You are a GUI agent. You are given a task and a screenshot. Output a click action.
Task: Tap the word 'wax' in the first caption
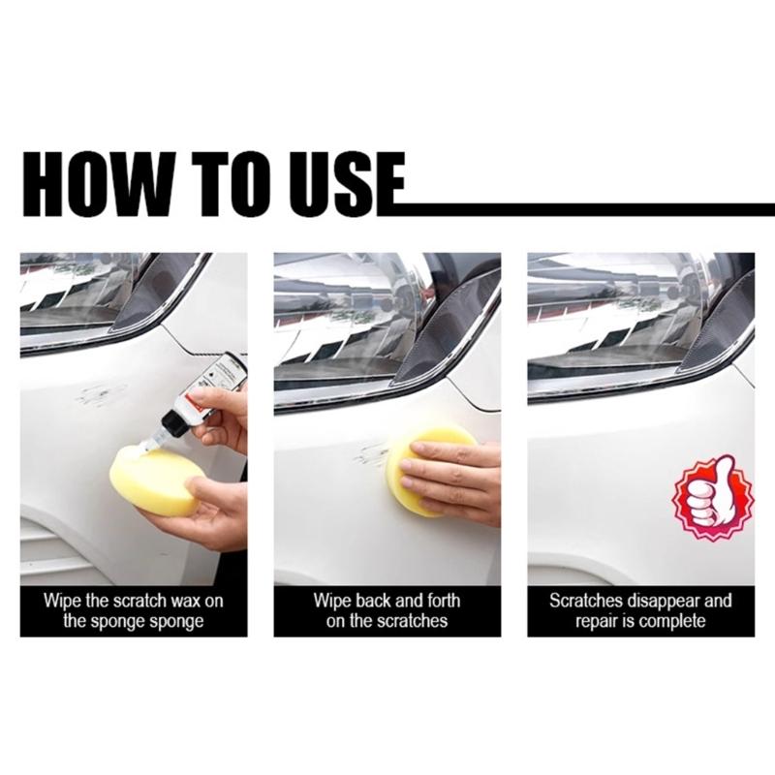coord(182,601)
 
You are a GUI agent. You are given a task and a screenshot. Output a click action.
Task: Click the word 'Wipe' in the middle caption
coord(331,601)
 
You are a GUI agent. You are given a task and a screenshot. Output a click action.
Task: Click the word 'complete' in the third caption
coord(673,621)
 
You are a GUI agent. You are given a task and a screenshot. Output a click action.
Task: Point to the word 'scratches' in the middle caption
coord(406,621)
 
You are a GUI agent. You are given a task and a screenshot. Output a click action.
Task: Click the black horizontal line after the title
coord(581,206)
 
